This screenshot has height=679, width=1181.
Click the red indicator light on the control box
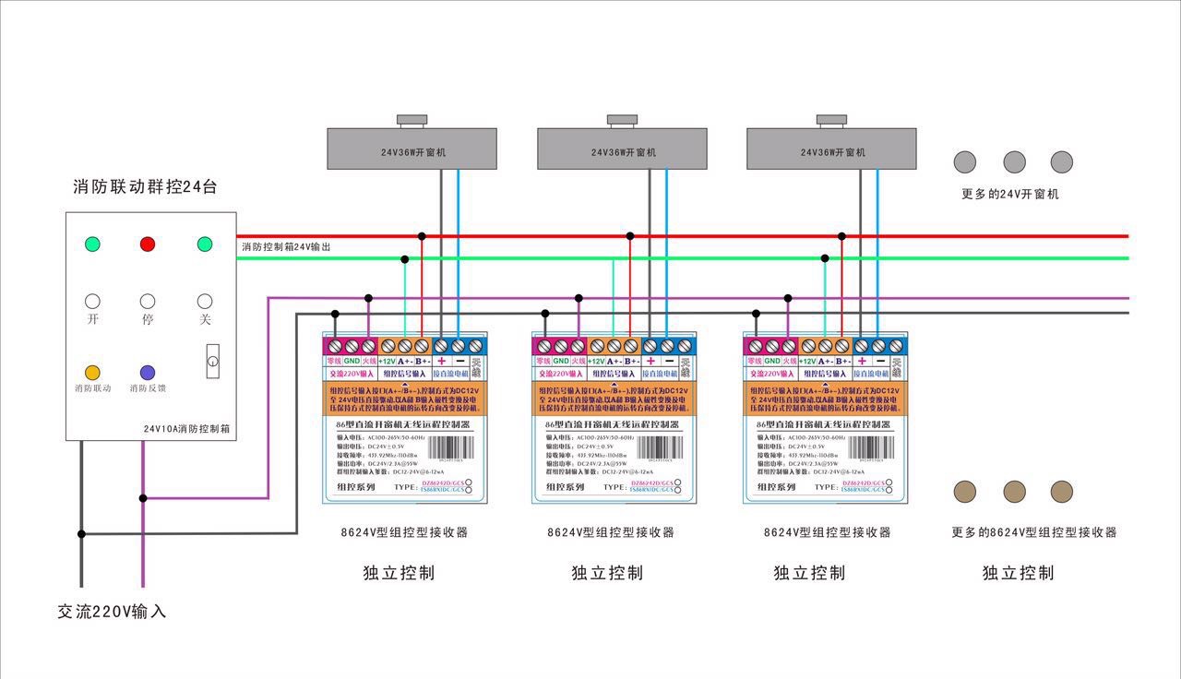point(148,244)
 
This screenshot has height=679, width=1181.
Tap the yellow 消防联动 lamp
point(92,373)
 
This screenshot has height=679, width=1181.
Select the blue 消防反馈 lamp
point(148,373)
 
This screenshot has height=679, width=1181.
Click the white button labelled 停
point(148,301)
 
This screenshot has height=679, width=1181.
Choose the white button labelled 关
point(205,301)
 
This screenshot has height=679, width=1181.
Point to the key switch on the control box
point(212,358)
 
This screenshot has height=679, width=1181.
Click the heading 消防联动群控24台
point(145,187)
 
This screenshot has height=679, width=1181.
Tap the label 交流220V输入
point(112,612)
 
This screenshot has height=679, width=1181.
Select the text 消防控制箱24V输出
point(286,247)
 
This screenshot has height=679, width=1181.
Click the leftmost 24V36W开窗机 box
point(412,149)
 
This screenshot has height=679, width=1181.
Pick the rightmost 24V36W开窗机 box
point(831,149)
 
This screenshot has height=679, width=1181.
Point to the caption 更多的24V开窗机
point(1010,194)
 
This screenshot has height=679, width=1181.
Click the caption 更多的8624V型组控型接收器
point(1034,532)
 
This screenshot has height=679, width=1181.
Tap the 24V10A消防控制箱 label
point(186,429)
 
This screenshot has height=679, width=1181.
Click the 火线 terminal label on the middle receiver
point(579,361)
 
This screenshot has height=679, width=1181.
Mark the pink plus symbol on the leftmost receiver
point(441,361)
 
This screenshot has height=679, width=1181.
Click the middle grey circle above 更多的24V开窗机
point(1014,162)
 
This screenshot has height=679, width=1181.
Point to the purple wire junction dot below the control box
point(143,498)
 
